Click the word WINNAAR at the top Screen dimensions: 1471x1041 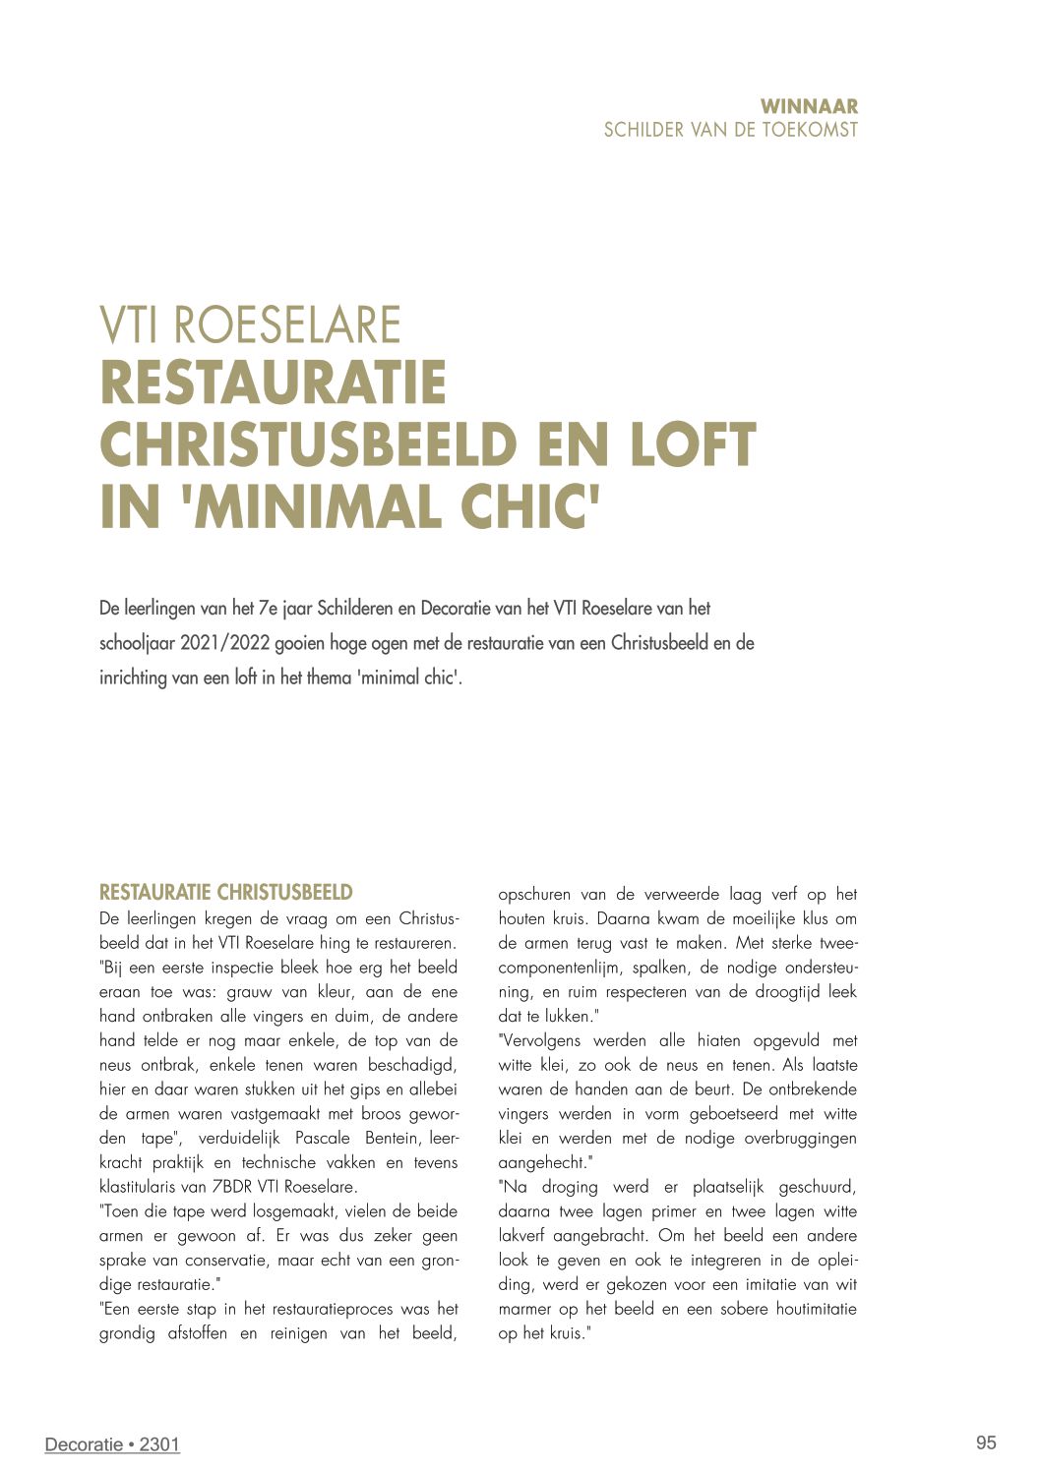pyautogui.click(x=809, y=106)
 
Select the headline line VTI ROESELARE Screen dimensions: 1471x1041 pyautogui.click(x=250, y=325)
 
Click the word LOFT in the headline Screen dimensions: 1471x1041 pyautogui.click(x=693, y=445)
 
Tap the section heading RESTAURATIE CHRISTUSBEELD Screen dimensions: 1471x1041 pyautogui.click(x=225, y=893)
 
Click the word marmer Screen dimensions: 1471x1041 pyautogui.click(x=524, y=1309)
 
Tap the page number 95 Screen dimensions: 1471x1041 pyautogui.click(x=986, y=1442)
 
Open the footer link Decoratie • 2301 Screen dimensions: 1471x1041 pyautogui.click(x=112, y=1444)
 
